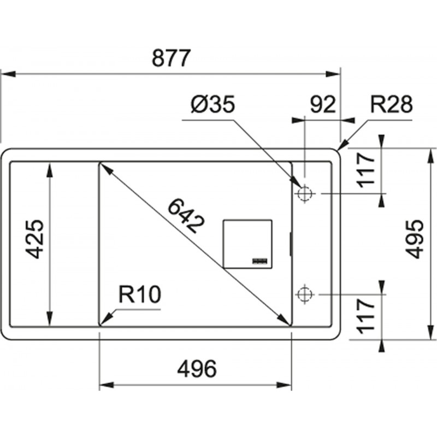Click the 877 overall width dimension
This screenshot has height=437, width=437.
[171, 58]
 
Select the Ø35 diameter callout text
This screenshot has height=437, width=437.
[213, 105]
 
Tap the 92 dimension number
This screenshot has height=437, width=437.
[323, 105]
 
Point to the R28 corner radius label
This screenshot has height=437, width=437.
[391, 104]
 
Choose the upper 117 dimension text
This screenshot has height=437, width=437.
[365, 170]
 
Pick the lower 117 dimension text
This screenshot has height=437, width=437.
[365, 316]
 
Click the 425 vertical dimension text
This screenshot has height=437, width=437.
[34, 239]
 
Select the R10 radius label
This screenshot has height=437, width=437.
[140, 294]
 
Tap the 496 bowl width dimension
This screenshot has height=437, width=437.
[197, 369]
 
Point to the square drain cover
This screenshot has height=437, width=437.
[247, 244]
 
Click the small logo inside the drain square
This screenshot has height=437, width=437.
[260, 261]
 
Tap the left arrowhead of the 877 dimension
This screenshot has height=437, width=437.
[8, 74]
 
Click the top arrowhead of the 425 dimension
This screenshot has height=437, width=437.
[50, 170]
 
